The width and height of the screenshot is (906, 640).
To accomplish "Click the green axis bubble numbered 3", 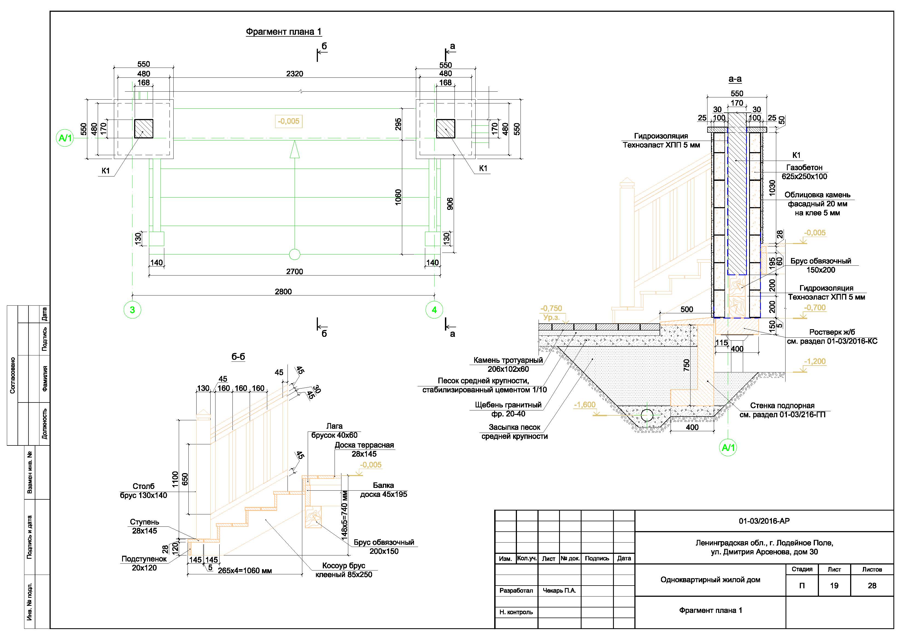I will point(132,310).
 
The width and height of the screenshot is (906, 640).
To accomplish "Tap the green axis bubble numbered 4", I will point(434,310).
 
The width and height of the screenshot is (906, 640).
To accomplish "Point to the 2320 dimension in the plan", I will point(294,74).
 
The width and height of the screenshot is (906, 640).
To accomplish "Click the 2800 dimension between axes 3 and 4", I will point(283,292).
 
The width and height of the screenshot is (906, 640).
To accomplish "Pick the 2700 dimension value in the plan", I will point(294,272).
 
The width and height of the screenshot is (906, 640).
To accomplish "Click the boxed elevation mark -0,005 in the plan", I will point(289,121).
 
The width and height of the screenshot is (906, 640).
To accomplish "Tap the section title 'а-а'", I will point(735,79).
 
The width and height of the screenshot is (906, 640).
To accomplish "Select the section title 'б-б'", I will point(238,357).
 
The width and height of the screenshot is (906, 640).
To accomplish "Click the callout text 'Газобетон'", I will point(804,167).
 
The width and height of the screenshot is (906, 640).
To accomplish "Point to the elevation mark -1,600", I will point(584,405).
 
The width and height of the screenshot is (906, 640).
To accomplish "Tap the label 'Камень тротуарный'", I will point(508,360).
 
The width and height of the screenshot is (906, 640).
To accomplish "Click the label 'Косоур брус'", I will point(343,566).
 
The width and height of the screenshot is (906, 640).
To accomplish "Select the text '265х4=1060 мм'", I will point(245,571).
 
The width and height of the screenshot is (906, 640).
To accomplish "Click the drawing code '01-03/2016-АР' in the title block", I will point(764,521).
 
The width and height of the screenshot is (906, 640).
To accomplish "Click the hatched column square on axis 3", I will point(144,129).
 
